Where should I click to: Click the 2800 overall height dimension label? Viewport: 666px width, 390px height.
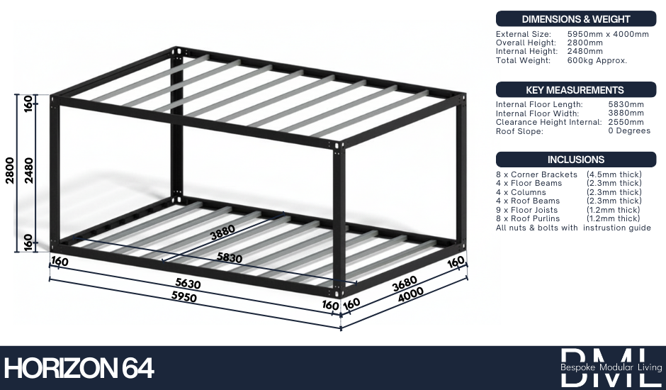pyautogui.click(x=9, y=171)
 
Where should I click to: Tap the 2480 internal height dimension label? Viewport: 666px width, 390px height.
pyautogui.click(x=28, y=171)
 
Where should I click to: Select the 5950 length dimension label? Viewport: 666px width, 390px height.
pyautogui.click(x=184, y=296)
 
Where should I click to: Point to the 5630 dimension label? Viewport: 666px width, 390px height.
pyautogui.click(x=188, y=283)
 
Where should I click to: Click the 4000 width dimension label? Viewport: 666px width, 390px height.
pyautogui.click(x=411, y=295)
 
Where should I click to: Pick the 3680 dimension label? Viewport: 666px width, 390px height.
pyautogui.click(x=405, y=284)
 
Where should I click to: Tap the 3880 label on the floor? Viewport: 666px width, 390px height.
pyautogui.click(x=222, y=232)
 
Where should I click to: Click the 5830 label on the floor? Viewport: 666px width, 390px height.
pyautogui.click(x=230, y=257)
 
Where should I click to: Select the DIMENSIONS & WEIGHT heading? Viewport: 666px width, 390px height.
pyautogui.click(x=576, y=19)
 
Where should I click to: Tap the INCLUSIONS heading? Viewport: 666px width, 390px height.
pyautogui.click(x=576, y=160)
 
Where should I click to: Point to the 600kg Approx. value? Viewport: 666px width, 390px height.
pyautogui.click(x=597, y=60)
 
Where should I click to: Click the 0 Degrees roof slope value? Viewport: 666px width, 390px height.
pyautogui.click(x=629, y=130)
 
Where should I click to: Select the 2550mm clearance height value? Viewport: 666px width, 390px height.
pyautogui.click(x=626, y=122)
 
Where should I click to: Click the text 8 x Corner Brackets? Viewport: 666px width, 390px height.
pyautogui.click(x=536, y=174)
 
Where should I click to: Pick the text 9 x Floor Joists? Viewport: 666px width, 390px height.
pyautogui.click(x=526, y=210)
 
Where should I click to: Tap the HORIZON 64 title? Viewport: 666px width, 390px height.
pyautogui.click(x=79, y=368)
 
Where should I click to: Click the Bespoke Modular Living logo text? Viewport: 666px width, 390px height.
pyautogui.click(x=611, y=367)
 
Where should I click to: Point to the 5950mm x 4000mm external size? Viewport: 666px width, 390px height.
pyautogui.click(x=608, y=34)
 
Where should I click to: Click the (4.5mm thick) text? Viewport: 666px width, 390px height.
pyautogui.click(x=614, y=174)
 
